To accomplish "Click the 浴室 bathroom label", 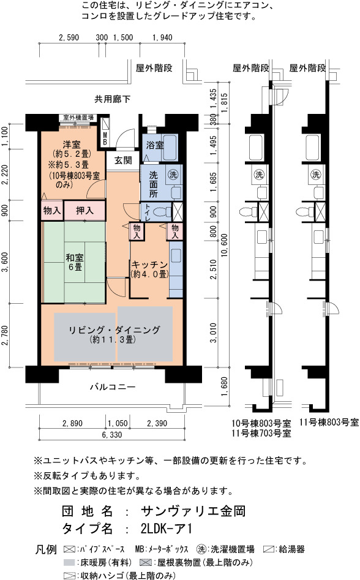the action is (x=155, y=145).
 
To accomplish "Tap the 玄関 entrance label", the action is (x=123, y=160).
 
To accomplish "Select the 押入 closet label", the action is (x=84, y=211).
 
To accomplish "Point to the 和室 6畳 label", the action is (x=75, y=262).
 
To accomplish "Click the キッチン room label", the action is (x=149, y=265).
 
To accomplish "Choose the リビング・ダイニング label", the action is (x=114, y=330).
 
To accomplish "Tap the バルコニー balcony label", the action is (x=113, y=387).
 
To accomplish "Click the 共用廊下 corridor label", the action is (x=113, y=99).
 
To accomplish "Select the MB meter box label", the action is (x=105, y=138).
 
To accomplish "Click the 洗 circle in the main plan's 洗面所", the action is (x=173, y=174).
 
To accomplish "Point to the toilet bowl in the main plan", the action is (x=161, y=212).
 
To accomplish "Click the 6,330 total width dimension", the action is (x=112, y=435).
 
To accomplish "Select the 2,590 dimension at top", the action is (x=69, y=37).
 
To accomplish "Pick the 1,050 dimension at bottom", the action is (x=118, y=423).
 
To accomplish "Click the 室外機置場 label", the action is (x=78, y=118).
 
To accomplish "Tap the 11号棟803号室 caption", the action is (x=329, y=422).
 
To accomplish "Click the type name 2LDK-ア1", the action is (x=167, y=528).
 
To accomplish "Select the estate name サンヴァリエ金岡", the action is (x=193, y=511).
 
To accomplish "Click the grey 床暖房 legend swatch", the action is (x=69, y=562).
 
